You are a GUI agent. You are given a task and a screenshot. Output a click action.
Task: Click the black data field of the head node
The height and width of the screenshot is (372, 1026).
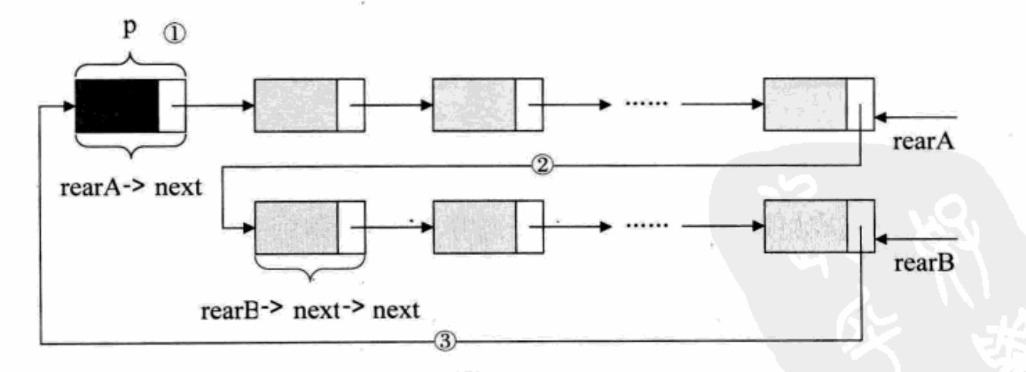pos(117,105)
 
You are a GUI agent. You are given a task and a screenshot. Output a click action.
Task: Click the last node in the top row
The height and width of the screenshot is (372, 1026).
pos(818,105)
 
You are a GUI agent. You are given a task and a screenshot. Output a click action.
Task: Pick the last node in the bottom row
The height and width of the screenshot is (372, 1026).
pos(818,228)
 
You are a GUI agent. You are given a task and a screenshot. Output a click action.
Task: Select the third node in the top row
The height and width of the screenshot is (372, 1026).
pos(487,105)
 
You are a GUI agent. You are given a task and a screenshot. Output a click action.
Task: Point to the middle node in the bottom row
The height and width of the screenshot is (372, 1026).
pos(487,228)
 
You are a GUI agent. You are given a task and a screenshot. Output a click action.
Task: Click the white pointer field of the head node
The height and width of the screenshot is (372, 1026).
pos(173,105)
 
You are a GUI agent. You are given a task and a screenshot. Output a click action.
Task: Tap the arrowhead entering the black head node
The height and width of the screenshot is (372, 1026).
pos(67,105)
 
